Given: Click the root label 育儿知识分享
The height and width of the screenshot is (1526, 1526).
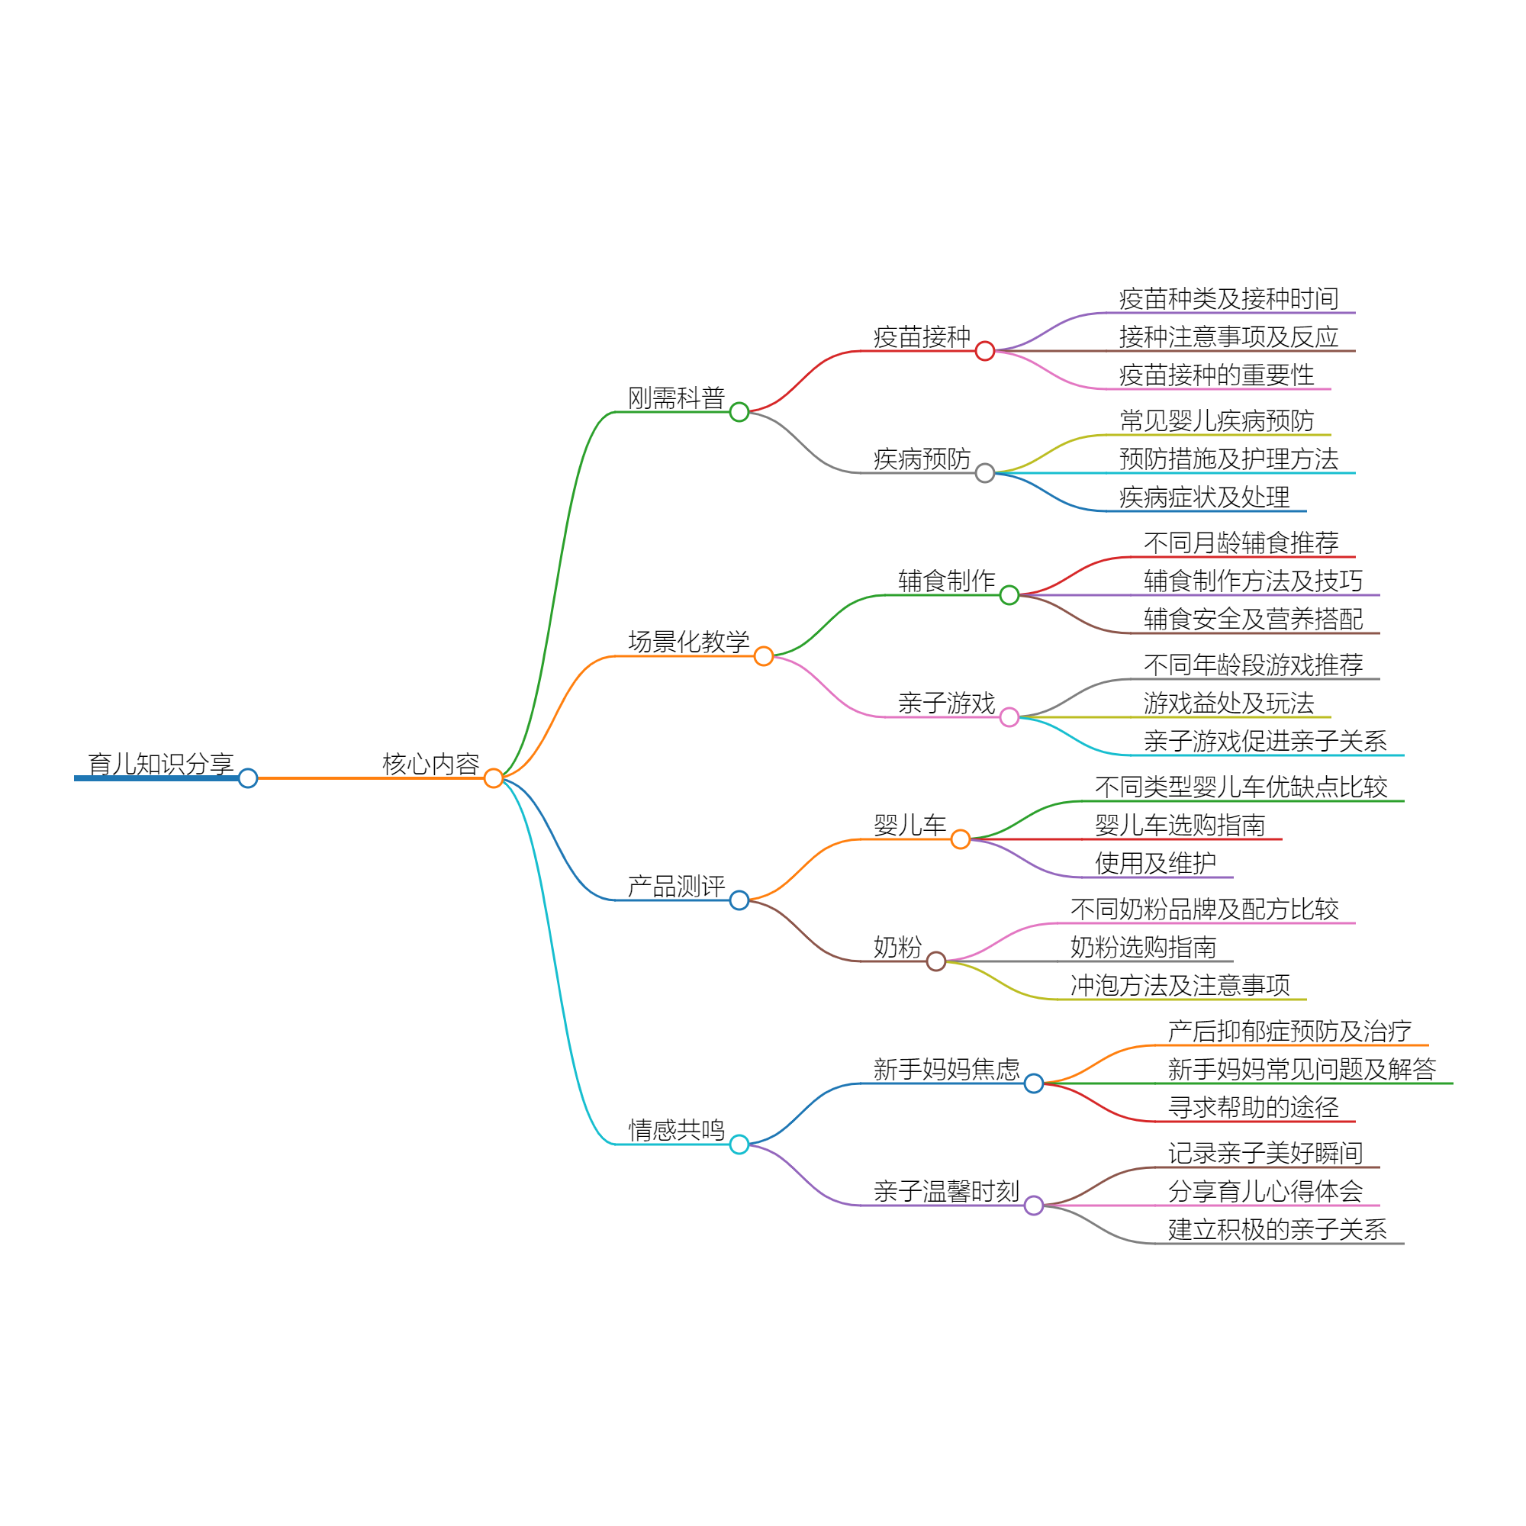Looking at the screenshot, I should (160, 764).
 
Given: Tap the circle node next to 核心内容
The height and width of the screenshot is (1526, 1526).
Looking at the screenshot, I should (494, 778).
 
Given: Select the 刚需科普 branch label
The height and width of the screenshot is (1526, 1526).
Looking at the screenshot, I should (676, 398).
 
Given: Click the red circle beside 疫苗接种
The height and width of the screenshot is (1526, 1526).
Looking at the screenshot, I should (984, 351).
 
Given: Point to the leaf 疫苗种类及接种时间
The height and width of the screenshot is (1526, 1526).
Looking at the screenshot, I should (1228, 298).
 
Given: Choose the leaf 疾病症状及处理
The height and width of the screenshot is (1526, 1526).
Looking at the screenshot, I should (1204, 497).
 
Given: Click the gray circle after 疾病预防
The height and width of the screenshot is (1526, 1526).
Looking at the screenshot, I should (984, 473).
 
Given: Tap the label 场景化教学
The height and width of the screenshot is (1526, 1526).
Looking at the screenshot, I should (689, 642).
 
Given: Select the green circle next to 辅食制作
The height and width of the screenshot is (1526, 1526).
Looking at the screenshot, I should (1009, 595).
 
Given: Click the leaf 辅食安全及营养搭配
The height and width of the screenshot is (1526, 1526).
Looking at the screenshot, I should (1253, 620).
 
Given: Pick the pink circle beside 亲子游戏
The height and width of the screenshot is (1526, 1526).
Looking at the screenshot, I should (1009, 717).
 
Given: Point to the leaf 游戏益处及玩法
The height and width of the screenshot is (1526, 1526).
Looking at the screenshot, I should (1228, 703).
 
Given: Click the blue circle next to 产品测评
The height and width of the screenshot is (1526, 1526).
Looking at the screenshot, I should (739, 900).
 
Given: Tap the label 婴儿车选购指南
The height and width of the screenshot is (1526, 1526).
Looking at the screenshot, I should (1180, 826).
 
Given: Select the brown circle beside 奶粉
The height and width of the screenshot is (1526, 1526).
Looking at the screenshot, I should (936, 961).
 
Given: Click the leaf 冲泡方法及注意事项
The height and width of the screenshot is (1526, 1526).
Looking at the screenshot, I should (1180, 985).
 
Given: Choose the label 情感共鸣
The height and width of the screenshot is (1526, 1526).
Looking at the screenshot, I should (676, 1130).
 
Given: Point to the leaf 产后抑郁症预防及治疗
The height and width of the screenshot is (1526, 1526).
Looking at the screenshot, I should (1289, 1031).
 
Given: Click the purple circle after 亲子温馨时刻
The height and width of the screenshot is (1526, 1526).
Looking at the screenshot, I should (1033, 1206).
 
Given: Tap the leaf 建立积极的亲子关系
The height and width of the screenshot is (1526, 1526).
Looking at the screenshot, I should (1277, 1229).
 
